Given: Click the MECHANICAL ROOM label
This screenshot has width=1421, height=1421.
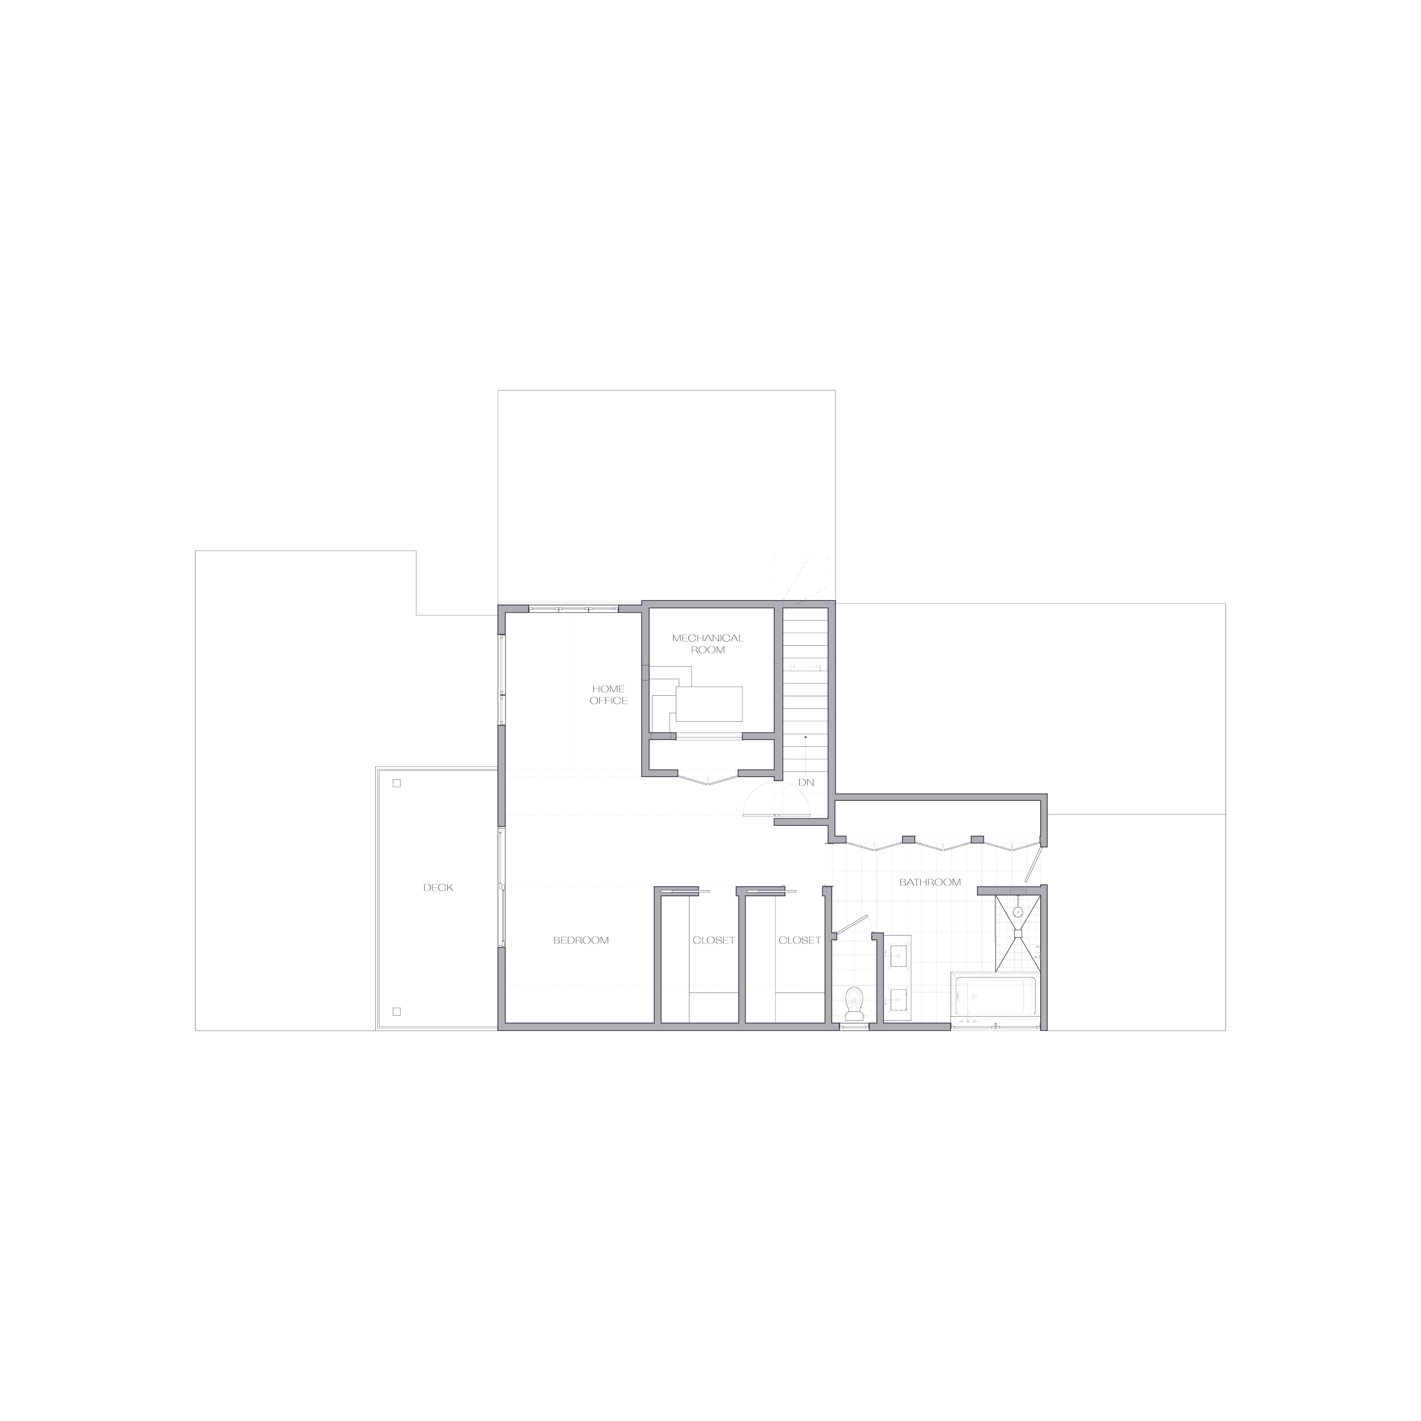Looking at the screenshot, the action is pos(708,643).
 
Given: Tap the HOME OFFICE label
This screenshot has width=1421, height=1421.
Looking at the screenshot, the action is pos(608,695).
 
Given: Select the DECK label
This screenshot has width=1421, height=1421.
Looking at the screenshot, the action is pos(438,888).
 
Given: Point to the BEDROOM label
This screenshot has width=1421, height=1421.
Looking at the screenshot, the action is pos(581,940).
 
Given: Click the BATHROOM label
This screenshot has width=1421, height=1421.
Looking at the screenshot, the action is pos(931,882).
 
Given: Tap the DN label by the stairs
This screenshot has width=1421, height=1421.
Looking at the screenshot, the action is pos(807,783).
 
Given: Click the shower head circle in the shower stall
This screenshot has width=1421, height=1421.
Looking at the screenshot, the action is pos(1018,912).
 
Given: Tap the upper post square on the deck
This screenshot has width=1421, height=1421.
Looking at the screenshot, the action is pos(396,783).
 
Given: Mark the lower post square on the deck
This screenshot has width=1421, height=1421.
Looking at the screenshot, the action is pos(396,1011).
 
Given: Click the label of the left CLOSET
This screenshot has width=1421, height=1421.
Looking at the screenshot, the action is pos(713,940).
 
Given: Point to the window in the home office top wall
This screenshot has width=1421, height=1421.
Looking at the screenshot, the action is pos(572,608).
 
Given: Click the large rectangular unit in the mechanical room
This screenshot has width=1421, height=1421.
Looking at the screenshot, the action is pos(709,704).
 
